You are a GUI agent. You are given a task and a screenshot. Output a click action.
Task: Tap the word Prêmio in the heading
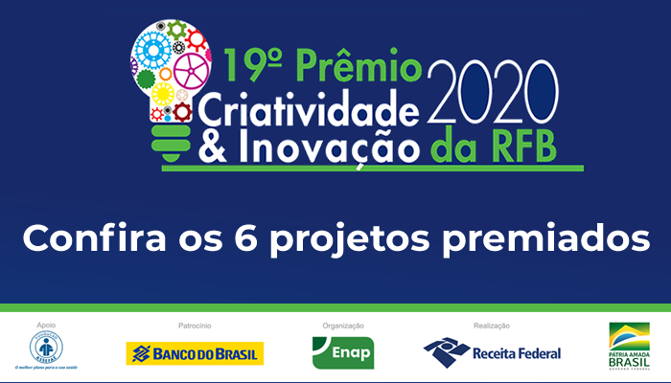(363, 68)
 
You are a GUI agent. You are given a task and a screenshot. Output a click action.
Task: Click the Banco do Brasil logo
(195, 353)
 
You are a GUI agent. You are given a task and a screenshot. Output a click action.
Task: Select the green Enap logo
(342, 353)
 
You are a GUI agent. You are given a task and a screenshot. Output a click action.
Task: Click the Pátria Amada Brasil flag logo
(629, 346)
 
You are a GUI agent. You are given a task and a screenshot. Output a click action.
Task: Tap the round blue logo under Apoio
(46, 348)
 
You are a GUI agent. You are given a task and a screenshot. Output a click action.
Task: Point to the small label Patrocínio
(195, 326)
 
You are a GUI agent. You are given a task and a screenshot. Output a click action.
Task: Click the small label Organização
(342, 326)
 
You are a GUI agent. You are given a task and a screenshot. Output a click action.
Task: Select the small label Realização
(491, 326)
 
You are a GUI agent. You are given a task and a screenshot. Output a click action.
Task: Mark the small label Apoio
(46, 326)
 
